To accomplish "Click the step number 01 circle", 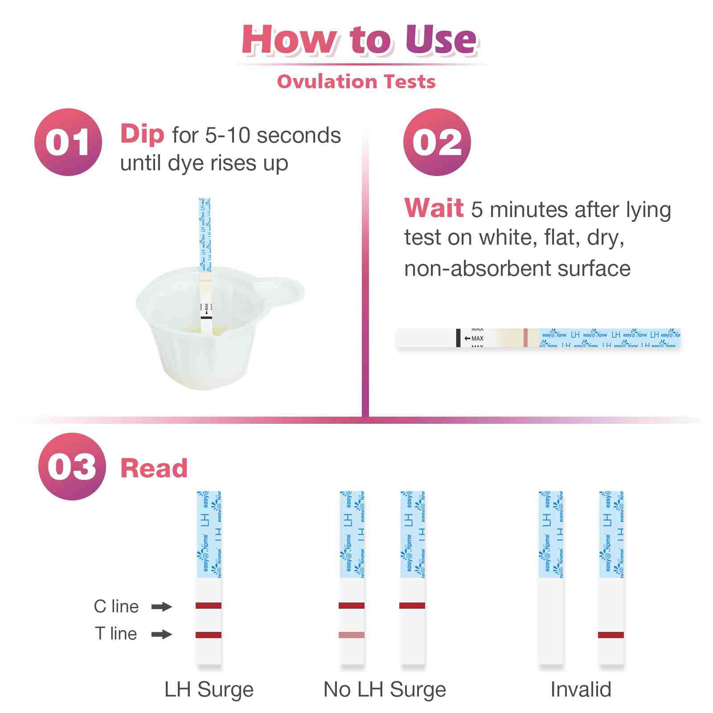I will tap(68, 142).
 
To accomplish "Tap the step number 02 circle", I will tap(437, 142).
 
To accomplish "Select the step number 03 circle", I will tap(72, 467).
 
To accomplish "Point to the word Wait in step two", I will tap(434, 208).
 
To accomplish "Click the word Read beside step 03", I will tap(154, 468).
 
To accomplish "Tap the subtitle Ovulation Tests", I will tap(356, 82).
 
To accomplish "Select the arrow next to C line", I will tap(161, 606).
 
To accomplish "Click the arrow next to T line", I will tap(161, 634).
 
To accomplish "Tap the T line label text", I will tap(116, 633).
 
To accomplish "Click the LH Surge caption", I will tap(209, 689).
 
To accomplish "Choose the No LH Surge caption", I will tap(385, 689).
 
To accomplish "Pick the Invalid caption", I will tap(581, 689).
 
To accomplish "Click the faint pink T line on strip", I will tap(352, 635).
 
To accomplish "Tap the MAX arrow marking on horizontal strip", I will tap(474, 338).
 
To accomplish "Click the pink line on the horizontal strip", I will tap(525, 337).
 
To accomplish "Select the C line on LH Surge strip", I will tap(209, 606).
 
